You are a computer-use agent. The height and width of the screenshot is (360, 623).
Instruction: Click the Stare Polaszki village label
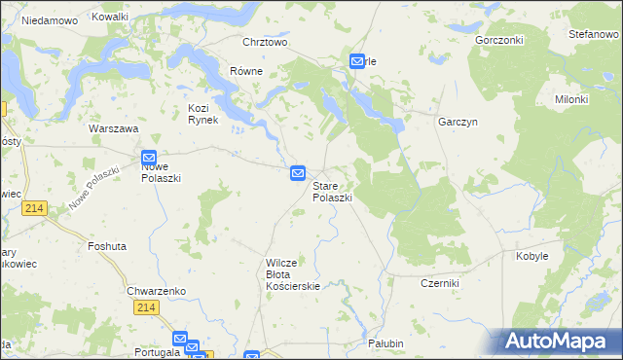pyautogui.click(x=332, y=191)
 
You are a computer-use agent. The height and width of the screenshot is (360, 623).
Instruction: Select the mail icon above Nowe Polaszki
pyautogui.click(x=149, y=157)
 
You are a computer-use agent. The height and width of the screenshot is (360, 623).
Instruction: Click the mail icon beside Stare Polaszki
pyautogui.click(x=299, y=173)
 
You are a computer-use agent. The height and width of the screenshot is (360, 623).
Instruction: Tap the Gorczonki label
pyautogui.click(x=499, y=41)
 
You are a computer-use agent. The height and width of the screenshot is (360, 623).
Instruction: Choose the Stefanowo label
pyautogui.click(x=594, y=34)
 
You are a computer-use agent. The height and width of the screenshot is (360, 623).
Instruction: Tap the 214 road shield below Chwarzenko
pyautogui.click(x=146, y=307)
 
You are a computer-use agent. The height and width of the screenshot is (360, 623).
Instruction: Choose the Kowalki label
pyautogui.click(x=109, y=18)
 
